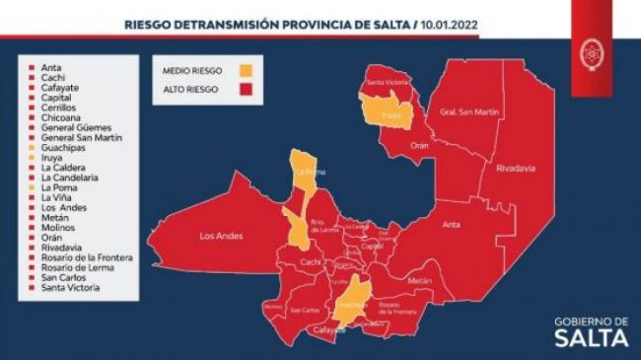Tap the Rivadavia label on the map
(516, 169)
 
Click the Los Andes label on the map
(221, 237)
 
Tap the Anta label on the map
(451, 224)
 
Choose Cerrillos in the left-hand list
(60, 108)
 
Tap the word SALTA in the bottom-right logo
(590, 338)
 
